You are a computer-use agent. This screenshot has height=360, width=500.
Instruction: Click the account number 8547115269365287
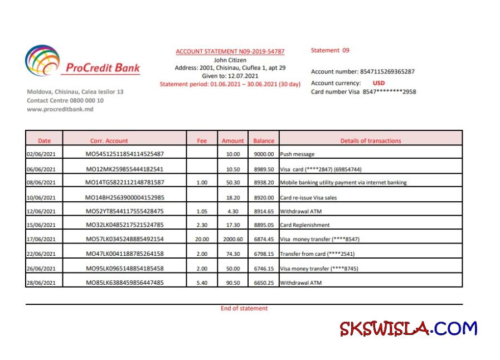pyautogui.click(x=387, y=71)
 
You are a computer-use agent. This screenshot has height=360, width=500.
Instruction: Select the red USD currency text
pyautogui.click(x=378, y=83)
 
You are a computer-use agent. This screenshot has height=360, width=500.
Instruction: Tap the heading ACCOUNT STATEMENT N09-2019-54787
pyautogui.click(x=230, y=51)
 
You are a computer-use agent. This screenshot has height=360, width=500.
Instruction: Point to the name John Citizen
pyautogui.click(x=230, y=60)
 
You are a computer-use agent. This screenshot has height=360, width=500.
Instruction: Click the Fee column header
pyautogui.click(x=202, y=141)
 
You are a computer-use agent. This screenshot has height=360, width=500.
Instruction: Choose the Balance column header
pyautogui.click(x=264, y=141)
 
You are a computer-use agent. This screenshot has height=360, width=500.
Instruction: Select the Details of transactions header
pyautogui.click(x=371, y=141)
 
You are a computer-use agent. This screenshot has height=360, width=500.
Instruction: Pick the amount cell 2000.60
pyautogui.click(x=232, y=240)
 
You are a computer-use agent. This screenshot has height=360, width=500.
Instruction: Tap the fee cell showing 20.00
pyautogui.click(x=202, y=240)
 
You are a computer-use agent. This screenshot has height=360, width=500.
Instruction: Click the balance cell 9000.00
pyautogui.click(x=264, y=154)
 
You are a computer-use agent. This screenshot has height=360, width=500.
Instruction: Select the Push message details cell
pyautogui.click(x=297, y=154)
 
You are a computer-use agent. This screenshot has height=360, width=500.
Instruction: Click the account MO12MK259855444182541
pyautogui.click(x=124, y=169)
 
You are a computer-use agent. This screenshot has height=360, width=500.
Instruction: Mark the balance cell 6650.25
pyautogui.click(x=264, y=283)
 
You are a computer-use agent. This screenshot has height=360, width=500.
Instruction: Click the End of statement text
pyautogui.click(x=244, y=308)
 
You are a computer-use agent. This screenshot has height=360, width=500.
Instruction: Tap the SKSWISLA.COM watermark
pyautogui.click(x=408, y=329)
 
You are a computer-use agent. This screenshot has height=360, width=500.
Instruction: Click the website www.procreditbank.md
pyautogui.click(x=60, y=109)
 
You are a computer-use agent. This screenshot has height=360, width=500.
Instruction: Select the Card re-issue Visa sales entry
pyautogui.click(x=308, y=197)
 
